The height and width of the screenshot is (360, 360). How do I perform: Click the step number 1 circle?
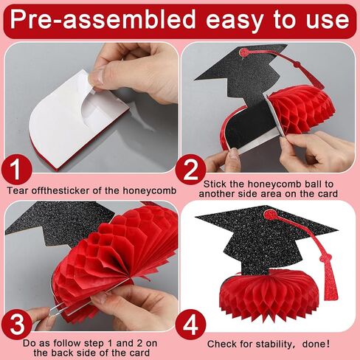[21, 171]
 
